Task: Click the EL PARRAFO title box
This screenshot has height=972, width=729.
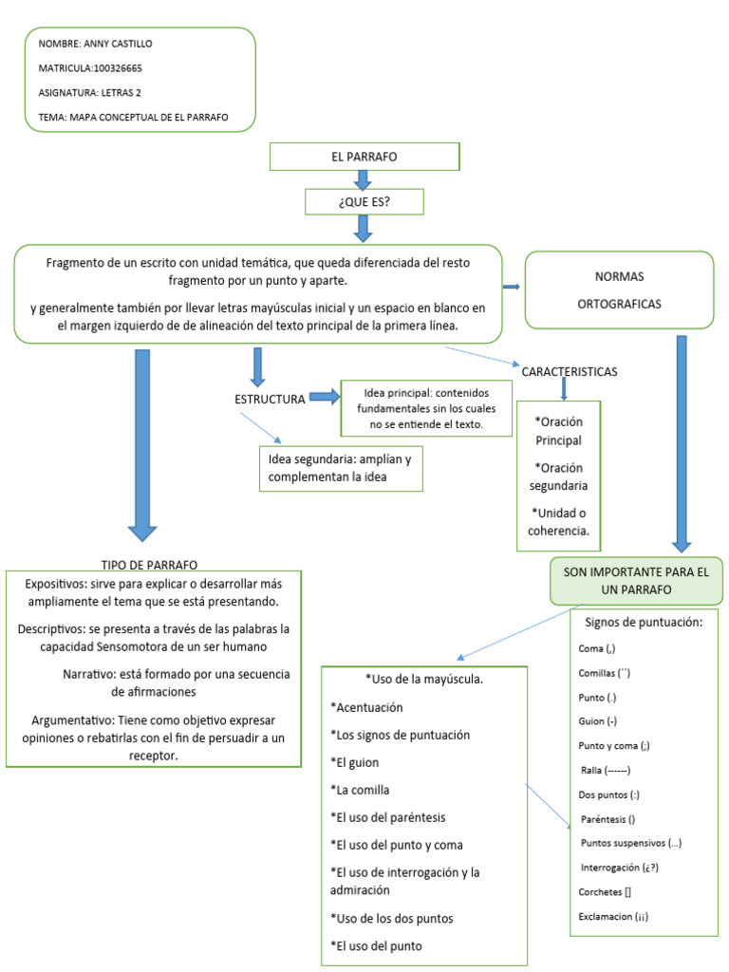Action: click(x=364, y=156)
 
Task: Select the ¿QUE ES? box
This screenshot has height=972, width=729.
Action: click(x=363, y=201)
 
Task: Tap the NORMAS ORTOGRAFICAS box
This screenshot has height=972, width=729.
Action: click(x=618, y=290)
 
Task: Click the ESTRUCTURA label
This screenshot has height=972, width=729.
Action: click(x=270, y=399)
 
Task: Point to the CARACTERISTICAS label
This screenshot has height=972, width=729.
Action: click(x=570, y=371)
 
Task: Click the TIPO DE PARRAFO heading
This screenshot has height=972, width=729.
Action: click(x=149, y=564)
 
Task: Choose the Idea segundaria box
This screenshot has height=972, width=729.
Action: click(x=340, y=468)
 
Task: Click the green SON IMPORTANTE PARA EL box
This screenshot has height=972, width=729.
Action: click(x=636, y=581)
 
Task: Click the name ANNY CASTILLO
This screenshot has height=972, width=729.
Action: click(x=119, y=44)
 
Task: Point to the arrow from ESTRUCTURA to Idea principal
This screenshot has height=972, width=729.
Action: click(x=325, y=398)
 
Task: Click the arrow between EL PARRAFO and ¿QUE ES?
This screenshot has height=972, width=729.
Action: click(x=363, y=178)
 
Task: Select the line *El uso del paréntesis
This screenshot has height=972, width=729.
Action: click(x=388, y=816)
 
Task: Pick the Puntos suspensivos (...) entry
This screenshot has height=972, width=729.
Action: click(x=631, y=843)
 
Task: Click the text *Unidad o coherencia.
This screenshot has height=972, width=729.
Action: click(x=558, y=522)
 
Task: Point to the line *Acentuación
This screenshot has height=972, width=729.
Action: click(x=366, y=707)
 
